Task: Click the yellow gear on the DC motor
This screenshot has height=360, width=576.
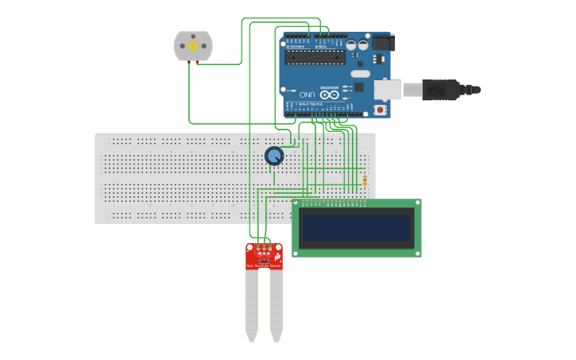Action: [x=193, y=46]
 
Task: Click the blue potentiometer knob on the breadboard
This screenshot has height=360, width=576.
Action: [x=274, y=156]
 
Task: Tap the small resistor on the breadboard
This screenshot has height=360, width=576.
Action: [x=365, y=180]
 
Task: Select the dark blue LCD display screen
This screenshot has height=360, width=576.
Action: [x=357, y=228]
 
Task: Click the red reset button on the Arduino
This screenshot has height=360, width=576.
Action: [x=380, y=110]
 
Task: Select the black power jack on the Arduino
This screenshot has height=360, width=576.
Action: [x=382, y=42]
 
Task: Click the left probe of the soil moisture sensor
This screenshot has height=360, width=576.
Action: [x=252, y=306]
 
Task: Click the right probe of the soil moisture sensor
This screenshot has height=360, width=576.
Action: [x=276, y=306]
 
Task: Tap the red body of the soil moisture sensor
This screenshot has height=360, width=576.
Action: [x=264, y=257]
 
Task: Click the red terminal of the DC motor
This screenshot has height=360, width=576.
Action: [x=197, y=63]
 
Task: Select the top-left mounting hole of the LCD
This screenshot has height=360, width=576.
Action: [x=297, y=204]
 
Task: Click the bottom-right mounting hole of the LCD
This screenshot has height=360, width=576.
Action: [x=416, y=252]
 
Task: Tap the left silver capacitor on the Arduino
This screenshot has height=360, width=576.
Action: [x=351, y=45]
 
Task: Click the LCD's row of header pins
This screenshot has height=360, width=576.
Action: [x=332, y=203]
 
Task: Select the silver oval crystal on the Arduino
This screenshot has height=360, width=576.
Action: [x=360, y=74]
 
